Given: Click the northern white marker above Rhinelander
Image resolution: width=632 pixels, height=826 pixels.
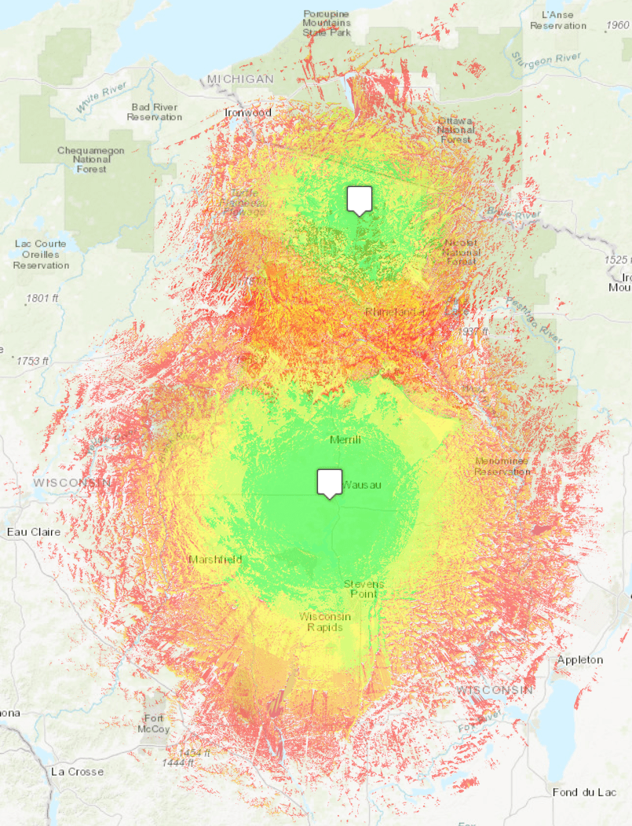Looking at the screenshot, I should point(360,200).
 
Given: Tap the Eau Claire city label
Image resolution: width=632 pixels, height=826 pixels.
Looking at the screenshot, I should point(34,532).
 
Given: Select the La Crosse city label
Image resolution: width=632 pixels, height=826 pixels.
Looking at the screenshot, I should point(77,771).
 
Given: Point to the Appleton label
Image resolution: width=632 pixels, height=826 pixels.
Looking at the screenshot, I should point(580,659).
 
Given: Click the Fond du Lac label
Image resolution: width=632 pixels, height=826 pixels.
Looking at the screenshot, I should point(583,791).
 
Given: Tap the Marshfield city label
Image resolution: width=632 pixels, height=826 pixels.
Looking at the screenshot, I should point(215,560).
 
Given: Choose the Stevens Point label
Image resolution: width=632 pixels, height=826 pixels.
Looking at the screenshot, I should point(364,589).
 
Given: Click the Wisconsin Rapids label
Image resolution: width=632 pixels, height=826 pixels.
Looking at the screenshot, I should point(325,622).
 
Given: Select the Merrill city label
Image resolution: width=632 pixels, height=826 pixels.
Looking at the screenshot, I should point(345,439).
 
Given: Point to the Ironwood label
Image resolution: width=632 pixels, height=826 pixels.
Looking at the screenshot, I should point(247,112).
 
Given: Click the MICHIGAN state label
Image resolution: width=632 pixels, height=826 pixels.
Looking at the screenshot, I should point(240,79).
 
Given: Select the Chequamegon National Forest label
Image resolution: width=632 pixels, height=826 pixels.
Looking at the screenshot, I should point(92,160).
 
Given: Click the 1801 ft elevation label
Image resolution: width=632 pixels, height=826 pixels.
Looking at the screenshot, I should point(42,298).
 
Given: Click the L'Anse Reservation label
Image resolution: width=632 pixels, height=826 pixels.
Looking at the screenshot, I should point(558,20).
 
